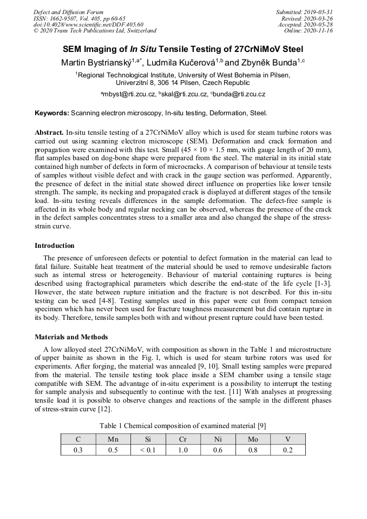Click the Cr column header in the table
(183, 439)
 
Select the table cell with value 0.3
(78, 450)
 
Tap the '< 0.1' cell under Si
(148, 450)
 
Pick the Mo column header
(253, 439)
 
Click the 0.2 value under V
(287, 450)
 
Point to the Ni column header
(218, 439)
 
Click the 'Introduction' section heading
(55, 245)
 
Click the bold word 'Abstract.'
(49, 133)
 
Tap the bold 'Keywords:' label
(52, 113)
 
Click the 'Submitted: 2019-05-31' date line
(304, 12)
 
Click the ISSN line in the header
(79, 18)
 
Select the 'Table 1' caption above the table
(183, 426)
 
